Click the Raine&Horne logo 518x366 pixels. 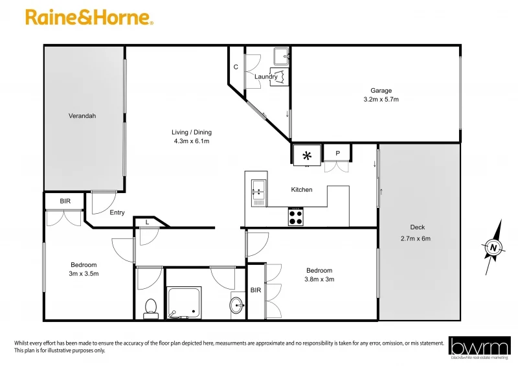pos(89,18)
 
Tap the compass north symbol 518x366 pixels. pos(494,247)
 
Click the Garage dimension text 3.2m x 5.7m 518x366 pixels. pos(381,100)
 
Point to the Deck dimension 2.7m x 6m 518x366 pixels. pos(417,238)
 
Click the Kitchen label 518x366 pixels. pos(302,190)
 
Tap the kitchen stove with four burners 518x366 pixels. pos(296,216)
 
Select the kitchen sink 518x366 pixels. pos(257,192)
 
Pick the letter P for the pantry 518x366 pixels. pos(337,154)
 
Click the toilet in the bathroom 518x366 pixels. pos(152,306)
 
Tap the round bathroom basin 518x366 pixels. pos(237,305)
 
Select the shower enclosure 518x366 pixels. pos(184,302)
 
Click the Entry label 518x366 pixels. pos(117,212)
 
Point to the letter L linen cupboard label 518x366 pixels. pos(148,222)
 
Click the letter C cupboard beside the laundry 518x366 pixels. pos(236,67)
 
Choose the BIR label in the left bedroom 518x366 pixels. pos(65,201)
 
